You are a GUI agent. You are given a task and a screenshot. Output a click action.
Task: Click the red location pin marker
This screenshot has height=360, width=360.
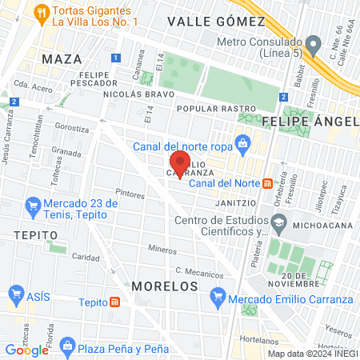pyautogui.click(x=178, y=165)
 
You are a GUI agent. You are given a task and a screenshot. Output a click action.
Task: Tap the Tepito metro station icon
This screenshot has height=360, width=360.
pyautogui.click(x=115, y=302)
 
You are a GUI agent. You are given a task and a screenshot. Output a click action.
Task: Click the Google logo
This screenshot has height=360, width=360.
pyautogui.click(x=26, y=350)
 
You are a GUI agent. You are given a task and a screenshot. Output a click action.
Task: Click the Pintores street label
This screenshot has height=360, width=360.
pyautogui.click(x=130, y=194)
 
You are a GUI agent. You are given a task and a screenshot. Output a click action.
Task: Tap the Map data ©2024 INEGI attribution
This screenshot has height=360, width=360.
pyautogui.click(x=312, y=354)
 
